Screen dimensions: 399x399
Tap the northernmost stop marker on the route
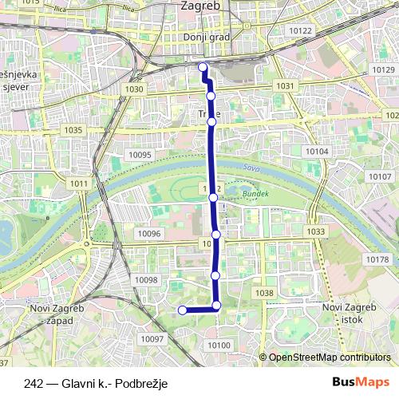pyautogui.click(x=203, y=67)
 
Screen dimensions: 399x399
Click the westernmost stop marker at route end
pyautogui.click(x=182, y=310)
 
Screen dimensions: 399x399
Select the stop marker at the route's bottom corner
pyautogui.click(x=216, y=306)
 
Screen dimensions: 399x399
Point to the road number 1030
pyautogui.click(x=133, y=89)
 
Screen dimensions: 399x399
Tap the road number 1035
pyautogui.click(x=73, y=129)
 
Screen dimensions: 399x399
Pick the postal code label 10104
pyautogui.click(x=317, y=151)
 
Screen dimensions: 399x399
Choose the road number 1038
pyautogui.click(x=263, y=294)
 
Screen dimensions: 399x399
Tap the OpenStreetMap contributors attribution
pyautogui.click(x=329, y=357)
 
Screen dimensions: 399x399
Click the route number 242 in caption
pyautogui.click(x=34, y=384)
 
